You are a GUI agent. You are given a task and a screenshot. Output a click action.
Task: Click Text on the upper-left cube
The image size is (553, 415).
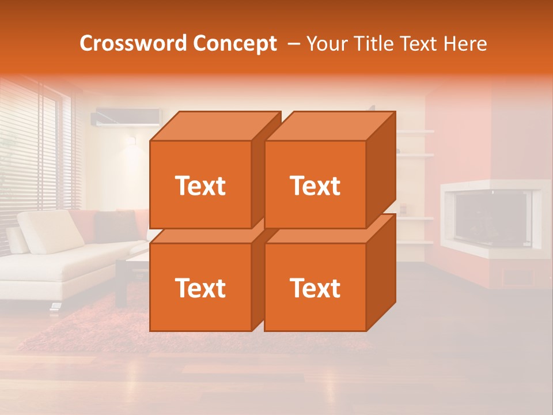tap(200, 186)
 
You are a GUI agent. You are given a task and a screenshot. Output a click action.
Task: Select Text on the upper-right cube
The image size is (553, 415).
tap(315, 186)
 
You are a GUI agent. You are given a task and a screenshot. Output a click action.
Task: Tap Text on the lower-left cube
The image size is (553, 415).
tap(200, 288)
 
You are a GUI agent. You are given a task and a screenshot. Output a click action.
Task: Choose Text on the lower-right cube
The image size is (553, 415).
tap(315, 288)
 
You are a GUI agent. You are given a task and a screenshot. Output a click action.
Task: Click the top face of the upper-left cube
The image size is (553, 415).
tap(215, 126)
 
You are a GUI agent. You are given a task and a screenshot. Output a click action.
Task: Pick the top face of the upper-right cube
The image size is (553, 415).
tap(329, 126)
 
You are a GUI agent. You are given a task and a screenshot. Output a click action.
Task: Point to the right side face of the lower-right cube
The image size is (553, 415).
tap(381, 271)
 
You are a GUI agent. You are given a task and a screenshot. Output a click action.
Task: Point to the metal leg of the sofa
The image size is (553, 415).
tap(55, 306)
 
